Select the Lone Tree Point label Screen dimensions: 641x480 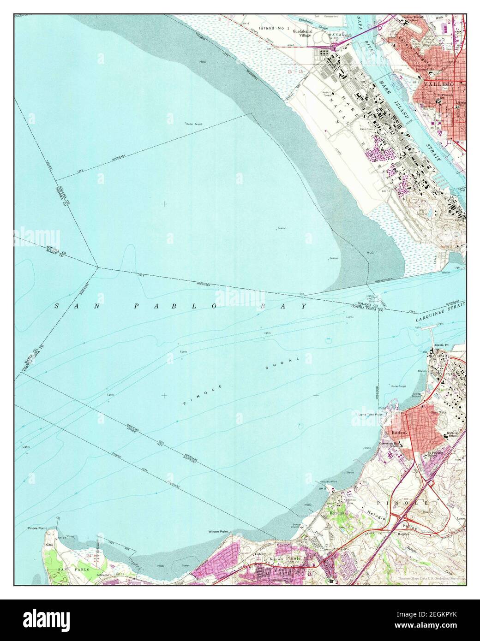371,415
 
